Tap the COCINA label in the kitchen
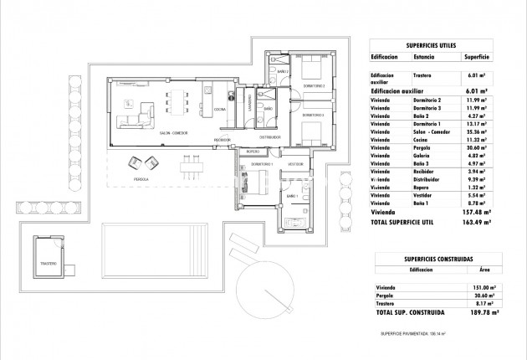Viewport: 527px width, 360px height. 219,110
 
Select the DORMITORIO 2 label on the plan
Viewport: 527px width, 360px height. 313,86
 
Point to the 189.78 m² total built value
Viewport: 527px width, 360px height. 481,312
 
